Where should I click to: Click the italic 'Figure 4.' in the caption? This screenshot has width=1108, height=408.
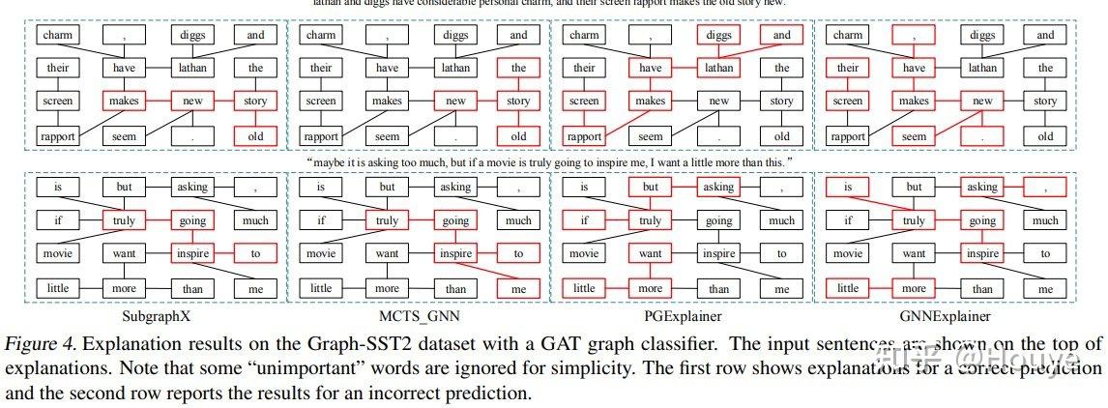pyautogui.click(x=39, y=343)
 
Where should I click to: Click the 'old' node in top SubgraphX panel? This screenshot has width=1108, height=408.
pyautogui.click(x=255, y=136)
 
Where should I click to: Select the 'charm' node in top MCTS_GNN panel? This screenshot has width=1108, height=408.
pyautogui.click(x=321, y=36)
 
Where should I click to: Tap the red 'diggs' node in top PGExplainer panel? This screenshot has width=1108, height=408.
pyautogui.click(x=719, y=36)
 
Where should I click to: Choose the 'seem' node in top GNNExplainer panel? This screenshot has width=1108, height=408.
pyautogui.click(x=914, y=136)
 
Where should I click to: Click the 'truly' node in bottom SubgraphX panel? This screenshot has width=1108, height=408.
pyautogui.click(x=124, y=220)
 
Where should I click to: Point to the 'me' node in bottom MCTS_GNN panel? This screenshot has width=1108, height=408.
pyautogui.click(x=519, y=288)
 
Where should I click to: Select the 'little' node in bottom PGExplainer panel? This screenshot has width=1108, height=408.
pyautogui.click(x=584, y=288)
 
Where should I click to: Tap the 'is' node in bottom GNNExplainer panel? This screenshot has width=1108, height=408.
pyautogui.click(x=848, y=187)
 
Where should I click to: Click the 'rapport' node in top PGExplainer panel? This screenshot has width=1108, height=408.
pyautogui.click(x=584, y=136)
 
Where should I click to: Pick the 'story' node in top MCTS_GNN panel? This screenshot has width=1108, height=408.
pyautogui.click(x=519, y=102)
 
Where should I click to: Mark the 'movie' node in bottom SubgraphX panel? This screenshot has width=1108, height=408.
pyautogui.click(x=57, y=254)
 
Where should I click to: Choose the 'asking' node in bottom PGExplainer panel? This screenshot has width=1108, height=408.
pyautogui.click(x=719, y=187)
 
